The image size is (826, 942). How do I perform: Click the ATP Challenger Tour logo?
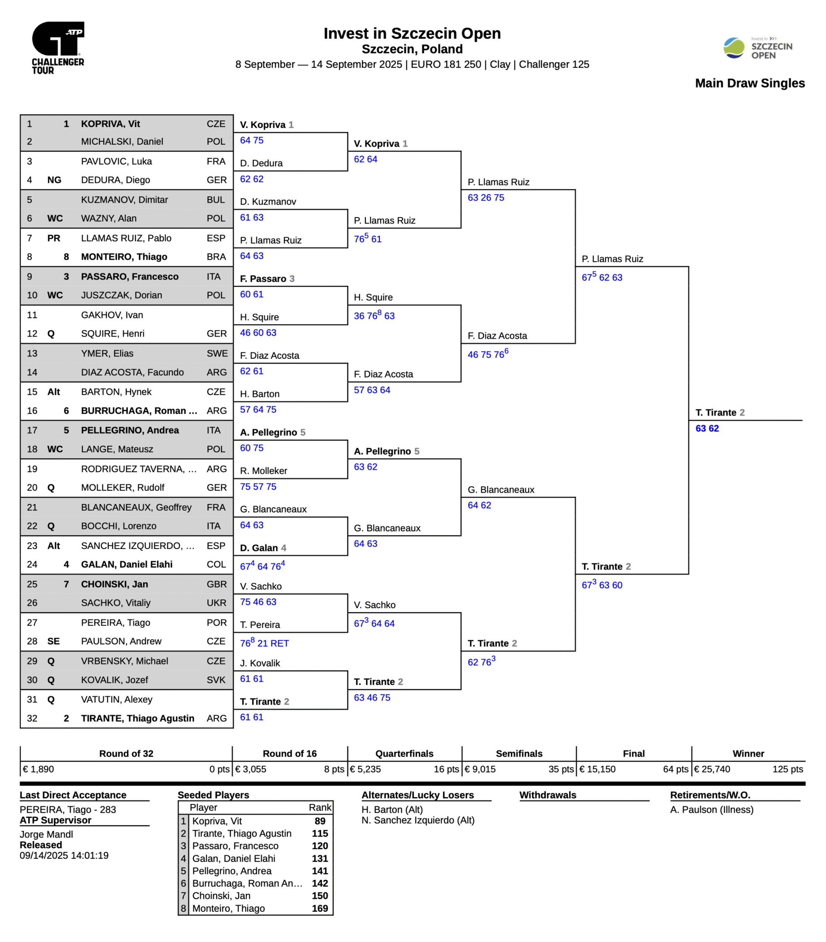58,47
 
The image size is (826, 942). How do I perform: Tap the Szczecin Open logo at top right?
758,48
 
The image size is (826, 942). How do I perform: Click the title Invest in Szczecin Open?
412,33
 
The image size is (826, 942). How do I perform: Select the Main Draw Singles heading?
749,84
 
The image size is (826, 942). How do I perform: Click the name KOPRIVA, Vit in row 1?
111,124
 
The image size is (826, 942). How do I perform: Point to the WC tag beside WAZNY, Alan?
55,219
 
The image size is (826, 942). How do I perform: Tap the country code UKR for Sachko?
216,603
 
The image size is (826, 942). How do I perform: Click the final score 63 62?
707,429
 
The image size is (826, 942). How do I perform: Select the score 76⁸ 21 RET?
264,643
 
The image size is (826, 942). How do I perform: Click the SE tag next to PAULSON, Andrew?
53,641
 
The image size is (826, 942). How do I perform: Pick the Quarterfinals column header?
404,754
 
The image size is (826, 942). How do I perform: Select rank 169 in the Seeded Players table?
320,909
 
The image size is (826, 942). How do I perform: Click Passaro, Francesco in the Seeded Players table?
235,846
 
